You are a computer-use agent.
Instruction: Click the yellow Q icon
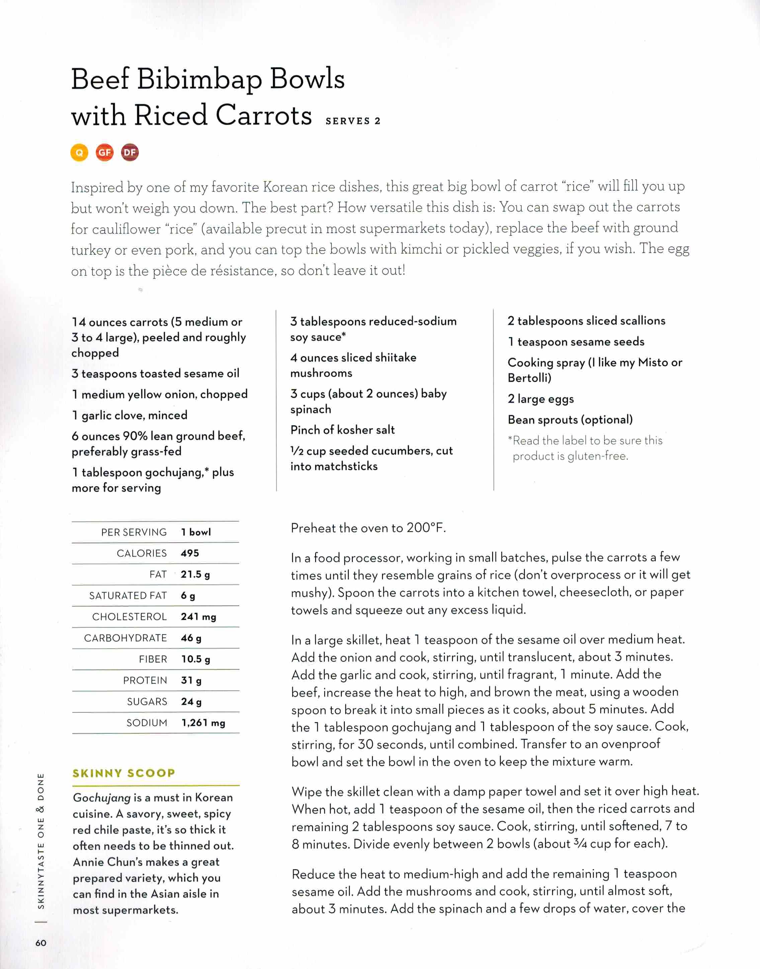pos(79,152)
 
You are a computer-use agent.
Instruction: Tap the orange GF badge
pos(104,152)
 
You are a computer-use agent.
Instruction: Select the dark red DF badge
pos(130,152)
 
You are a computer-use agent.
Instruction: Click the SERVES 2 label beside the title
pos(353,121)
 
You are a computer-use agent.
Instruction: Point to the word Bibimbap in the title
pos(199,79)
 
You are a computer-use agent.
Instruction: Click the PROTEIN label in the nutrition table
pos(145,680)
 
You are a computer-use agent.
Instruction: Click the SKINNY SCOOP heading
pos(124,773)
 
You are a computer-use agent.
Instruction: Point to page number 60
pos(40,943)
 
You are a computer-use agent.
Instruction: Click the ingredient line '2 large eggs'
pos(540,399)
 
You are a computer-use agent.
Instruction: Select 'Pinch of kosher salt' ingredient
pos(343,430)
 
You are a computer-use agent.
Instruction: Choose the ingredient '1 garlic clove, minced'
pos(130,415)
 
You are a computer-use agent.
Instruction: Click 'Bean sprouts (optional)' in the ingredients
pos(570,419)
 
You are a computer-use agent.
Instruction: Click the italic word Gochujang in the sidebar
pos(101,798)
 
